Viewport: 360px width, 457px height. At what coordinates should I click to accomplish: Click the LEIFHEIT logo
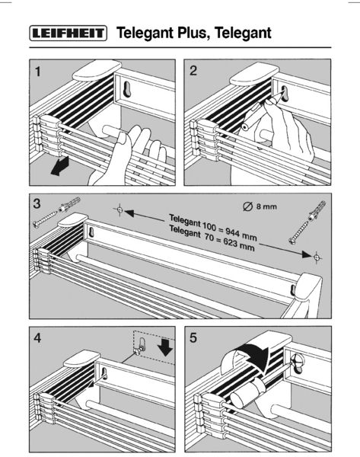coord(68,33)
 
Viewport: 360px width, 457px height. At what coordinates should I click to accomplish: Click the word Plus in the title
coord(193,32)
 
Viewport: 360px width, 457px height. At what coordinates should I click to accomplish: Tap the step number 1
coord(37,72)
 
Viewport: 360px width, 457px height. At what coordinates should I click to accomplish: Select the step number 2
coord(193,71)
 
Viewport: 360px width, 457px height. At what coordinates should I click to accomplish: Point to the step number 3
coord(37,203)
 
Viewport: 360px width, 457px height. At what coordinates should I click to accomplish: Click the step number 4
coord(37,338)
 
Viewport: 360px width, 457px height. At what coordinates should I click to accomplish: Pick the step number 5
coord(193,337)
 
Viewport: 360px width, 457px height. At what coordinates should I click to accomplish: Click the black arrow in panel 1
coord(59,166)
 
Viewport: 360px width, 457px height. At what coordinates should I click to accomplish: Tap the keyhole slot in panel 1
coord(128,88)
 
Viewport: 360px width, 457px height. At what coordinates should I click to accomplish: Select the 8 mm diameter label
coord(260,206)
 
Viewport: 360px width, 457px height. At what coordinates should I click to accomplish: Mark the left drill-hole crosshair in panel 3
coord(119,209)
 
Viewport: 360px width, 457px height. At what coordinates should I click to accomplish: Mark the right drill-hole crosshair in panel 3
coord(317,257)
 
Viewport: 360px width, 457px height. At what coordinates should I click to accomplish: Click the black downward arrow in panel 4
coord(166,347)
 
